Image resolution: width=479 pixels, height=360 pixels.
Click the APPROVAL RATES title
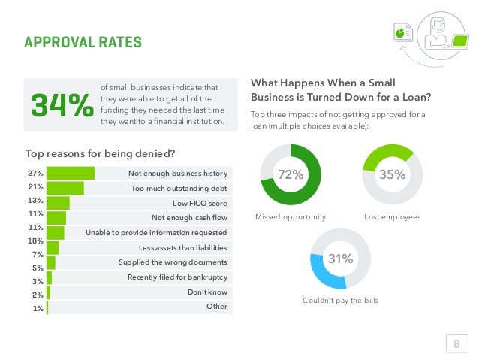tap(83, 41)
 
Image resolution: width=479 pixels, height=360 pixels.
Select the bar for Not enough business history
tap(71, 174)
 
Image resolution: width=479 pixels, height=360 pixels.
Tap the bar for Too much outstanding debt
tap(65, 188)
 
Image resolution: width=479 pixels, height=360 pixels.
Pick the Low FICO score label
tap(200, 203)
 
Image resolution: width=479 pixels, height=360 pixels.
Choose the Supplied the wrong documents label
tap(173, 262)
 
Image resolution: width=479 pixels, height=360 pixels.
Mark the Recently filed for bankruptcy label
tap(177, 277)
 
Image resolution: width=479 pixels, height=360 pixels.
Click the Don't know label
tap(207, 292)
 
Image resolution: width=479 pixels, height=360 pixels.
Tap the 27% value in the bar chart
tap(35, 174)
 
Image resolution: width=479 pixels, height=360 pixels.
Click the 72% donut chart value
tap(290, 174)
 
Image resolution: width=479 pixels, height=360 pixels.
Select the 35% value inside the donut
tap(393, 174)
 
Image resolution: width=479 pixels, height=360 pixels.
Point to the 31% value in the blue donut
tap(340, 259)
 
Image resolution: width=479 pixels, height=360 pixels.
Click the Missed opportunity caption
tap(291, 217)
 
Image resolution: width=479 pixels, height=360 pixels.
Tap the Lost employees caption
tap(392, 217)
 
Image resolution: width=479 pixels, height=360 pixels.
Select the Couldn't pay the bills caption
tap(340, 301)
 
